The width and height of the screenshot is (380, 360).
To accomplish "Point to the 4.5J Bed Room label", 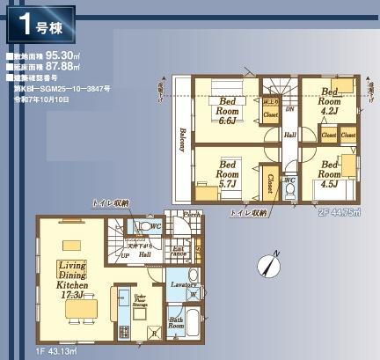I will click(331, 173).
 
